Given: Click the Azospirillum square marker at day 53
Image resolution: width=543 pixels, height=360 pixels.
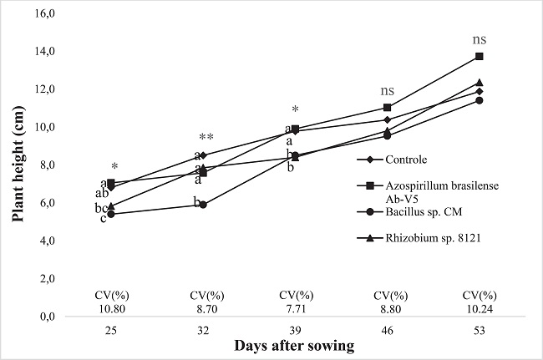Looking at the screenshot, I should [479, 56].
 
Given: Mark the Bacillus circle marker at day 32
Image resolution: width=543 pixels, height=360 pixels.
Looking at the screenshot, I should [203, 205].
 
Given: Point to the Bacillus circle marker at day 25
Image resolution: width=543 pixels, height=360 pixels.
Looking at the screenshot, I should [110, 214].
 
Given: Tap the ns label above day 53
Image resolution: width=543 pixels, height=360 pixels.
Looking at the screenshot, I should [479, 39].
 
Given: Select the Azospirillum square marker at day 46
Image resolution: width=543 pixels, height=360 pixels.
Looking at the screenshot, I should [387, 108].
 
